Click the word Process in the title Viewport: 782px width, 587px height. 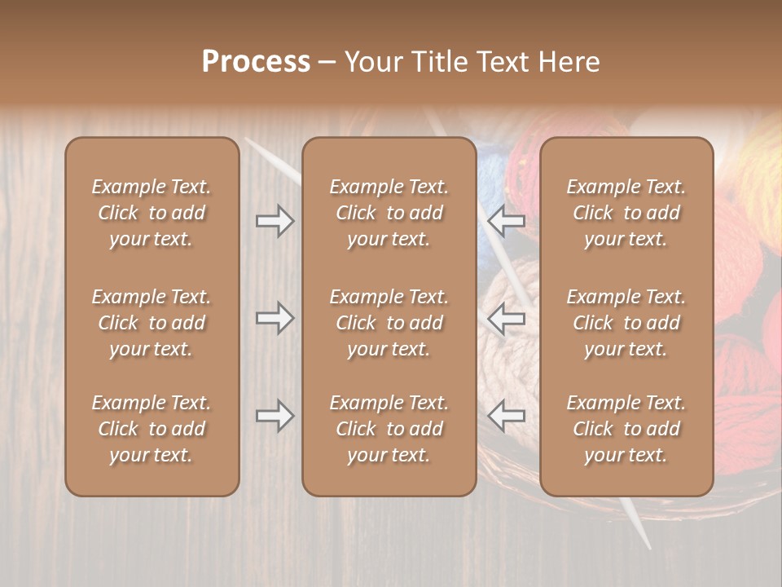coord(256,62)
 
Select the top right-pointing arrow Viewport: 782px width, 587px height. coord(275,221)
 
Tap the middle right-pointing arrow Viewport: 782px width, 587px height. coord(275,318)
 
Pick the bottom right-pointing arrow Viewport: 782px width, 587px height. coord(275,416)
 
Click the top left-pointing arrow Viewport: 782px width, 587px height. coord(507,221)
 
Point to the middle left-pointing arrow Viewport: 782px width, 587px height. coord(507,318)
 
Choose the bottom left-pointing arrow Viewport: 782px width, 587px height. coord(507,416)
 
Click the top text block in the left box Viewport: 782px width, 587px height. coord(152,213)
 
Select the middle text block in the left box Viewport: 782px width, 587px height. coord(152,323)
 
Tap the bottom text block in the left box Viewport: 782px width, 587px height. coord(152,429)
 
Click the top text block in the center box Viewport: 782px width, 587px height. coord(389,213)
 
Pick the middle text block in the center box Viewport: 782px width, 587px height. coord(389,323)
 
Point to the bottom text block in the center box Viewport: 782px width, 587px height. coord(389,429)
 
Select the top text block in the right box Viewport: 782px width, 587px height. coord(626,213)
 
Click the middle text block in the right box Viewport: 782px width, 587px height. coord(626,323)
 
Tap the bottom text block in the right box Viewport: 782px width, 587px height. coord(626,429)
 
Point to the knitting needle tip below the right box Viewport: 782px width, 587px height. coord(646,542)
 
